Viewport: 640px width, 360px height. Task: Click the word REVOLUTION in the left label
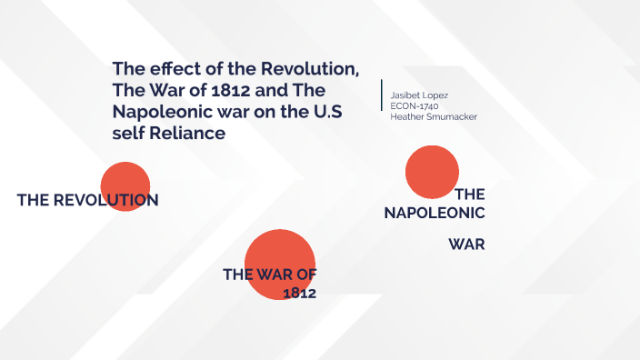106,200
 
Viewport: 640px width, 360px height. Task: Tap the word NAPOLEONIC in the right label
435,212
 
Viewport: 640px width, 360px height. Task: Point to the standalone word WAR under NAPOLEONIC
466,244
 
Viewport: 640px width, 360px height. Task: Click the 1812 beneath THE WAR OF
299,293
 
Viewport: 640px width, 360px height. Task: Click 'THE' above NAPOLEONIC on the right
470,194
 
